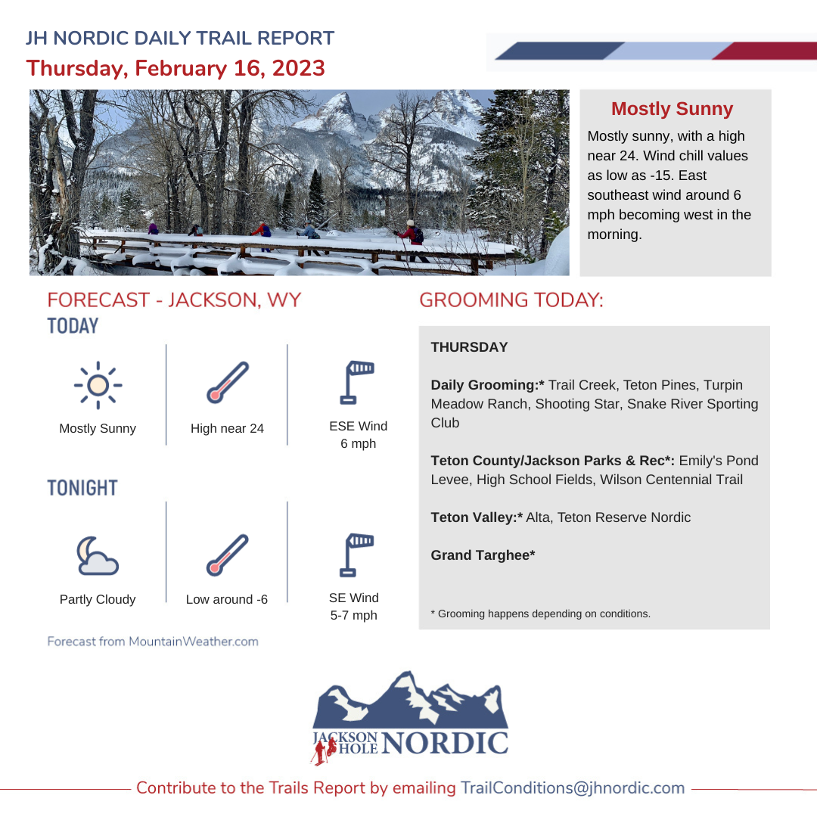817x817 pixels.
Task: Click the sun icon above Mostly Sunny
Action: click(98, 386)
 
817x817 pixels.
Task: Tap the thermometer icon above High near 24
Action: click(228, 383)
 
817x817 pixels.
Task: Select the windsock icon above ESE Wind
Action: click(357, 383)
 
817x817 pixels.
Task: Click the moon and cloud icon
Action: click(98, 556)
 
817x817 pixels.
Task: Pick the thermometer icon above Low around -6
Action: click(228, 555)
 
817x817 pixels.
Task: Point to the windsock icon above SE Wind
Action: click(357, 555)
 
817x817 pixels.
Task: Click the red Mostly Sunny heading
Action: click(673, 108)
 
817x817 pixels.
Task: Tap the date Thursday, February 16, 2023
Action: click(176, 68)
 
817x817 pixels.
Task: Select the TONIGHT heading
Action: click(82, 488)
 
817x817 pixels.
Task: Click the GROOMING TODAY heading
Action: click(511, 300)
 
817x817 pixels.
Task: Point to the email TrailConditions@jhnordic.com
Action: click(573, 787)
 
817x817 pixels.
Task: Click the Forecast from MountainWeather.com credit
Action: click(153, 641)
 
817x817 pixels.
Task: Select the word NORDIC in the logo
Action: click(445, 743)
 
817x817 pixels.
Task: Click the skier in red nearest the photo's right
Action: click(412, 241)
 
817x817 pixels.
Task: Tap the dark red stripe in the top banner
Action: click(764, 51)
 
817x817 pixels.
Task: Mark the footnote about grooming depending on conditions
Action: click(540, 614)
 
